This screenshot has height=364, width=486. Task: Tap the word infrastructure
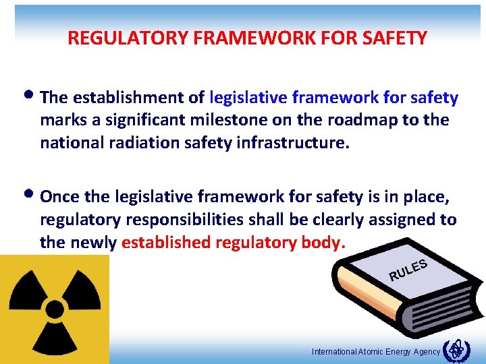point(296,143)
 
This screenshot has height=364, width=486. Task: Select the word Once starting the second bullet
point(61,197)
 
